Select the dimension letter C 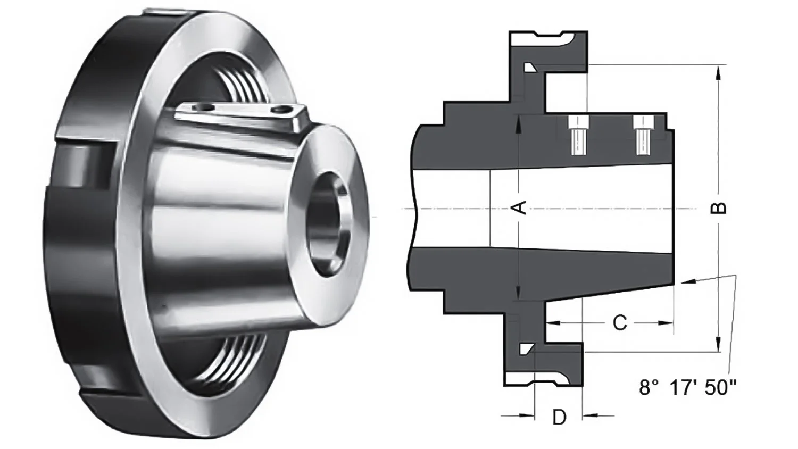620,322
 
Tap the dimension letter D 559,417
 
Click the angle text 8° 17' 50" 687,388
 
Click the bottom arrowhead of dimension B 719,343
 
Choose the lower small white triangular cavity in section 526,348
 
